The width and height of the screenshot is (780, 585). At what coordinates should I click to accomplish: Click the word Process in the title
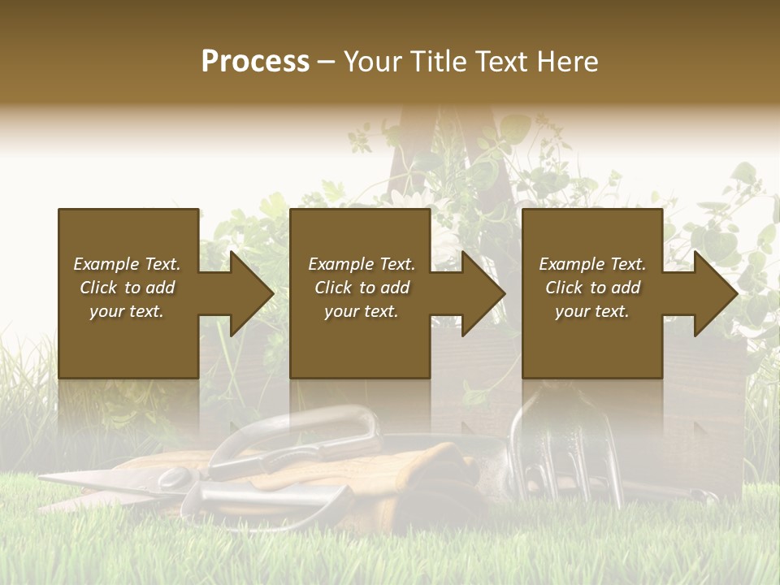click(x=255, y=62)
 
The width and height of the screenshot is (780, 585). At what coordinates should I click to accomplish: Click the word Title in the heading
click(x=440, y=62)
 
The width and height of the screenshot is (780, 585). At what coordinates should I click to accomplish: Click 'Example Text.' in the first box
click(x=127, y=264)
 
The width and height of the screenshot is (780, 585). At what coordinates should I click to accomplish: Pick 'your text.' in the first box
click(x=127, y=311)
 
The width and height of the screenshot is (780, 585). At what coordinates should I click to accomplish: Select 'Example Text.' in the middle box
click(x=362, y=264)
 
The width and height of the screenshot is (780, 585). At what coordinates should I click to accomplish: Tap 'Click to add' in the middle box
click(x=362, y=288)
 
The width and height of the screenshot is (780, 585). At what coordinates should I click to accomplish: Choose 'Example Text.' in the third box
click(x=592, y=264)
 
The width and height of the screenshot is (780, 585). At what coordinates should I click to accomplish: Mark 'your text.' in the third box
click(x=592, y=311)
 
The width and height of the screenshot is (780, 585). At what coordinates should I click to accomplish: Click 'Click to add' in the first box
click(x=127, y=288)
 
